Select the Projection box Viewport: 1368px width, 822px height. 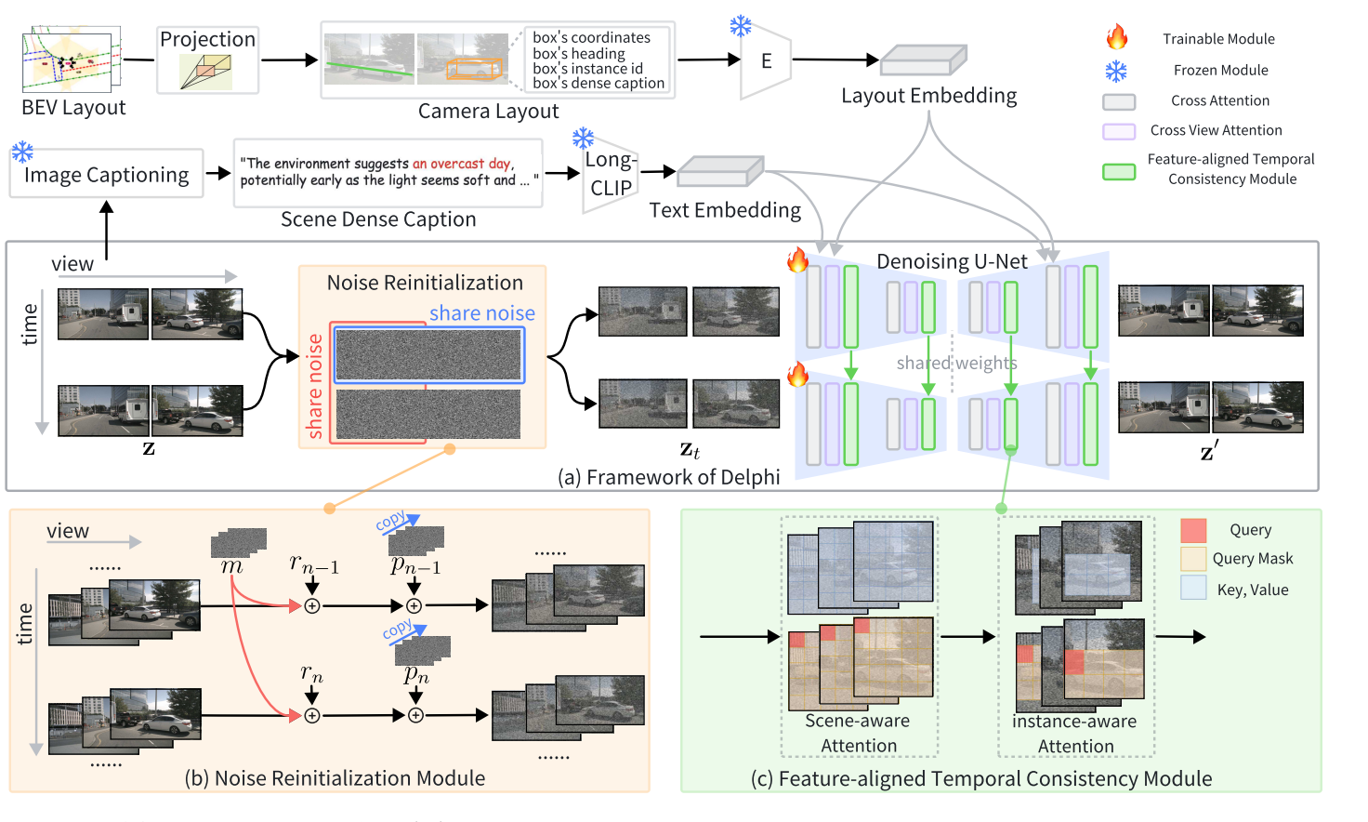coord(207,60)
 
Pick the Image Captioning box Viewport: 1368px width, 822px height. coord(106,175)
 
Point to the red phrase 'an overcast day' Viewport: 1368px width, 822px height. coord(462,164)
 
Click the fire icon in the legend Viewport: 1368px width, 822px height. coord(1117,38)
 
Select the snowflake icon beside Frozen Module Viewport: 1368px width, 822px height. coord(1116,71)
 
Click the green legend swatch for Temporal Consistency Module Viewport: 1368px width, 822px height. coord(1119,171)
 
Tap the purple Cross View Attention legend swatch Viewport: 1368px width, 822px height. coord(1119,131)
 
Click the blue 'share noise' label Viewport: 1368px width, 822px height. coord(481,313)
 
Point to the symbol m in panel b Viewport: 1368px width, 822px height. coord(231,566)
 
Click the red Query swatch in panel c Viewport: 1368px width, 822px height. coord(1193,530)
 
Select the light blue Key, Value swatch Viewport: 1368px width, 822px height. coord(1193,588)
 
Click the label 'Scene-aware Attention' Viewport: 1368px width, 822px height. coord(858,733)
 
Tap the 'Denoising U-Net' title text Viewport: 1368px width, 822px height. coord(952,262)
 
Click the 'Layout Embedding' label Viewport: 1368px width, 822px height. coord(928,96)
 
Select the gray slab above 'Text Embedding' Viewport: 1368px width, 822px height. coord(720,171)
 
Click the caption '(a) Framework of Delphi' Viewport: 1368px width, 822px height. coord(668,477)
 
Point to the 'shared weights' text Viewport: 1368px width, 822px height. coord(956,363)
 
